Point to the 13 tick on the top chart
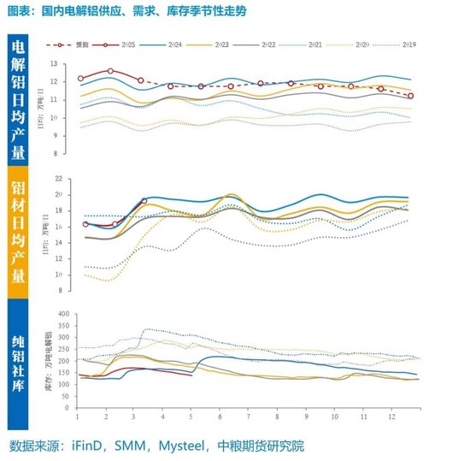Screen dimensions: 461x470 coord(54,64)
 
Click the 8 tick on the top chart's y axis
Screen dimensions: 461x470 coord(55,154)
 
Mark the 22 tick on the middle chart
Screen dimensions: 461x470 coord(58,179)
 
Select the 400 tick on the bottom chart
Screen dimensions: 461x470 coord(62,314)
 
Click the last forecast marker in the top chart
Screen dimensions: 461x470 coord(411,96)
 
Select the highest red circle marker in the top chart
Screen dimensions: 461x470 coord(111,71)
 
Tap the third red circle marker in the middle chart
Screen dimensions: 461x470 coord(144,201)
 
